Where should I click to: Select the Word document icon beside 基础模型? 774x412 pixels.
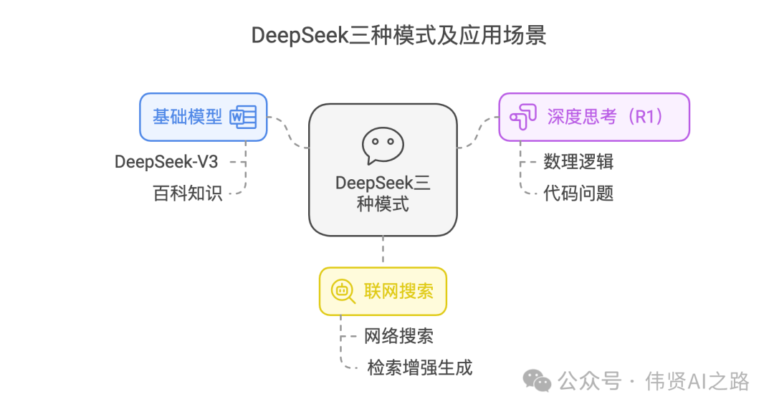pyautogui.click(x=242, y=117)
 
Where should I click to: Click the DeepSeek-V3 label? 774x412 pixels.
pyautogui.click(x=166, y=162)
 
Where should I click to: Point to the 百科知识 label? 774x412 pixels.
pyautogui.click(x=188, y=193)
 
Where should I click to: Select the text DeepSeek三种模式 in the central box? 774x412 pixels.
pyautogui.click(x=383, y=193)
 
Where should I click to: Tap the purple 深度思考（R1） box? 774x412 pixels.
pyautogui.click(x=593, y=117)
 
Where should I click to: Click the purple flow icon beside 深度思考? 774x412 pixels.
pyautogui.click(x=522, y=118)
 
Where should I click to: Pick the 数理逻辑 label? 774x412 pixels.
pyautogui.click(x=578, y=162)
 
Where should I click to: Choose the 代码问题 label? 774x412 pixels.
pyautogui.click(x=578, y=193)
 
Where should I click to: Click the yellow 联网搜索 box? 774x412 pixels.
pyautogui.click(x=383, y=291)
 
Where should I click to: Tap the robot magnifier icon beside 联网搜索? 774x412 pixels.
pyautogui.click(x=343, y=291)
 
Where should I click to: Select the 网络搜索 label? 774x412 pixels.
pyautogui.click(x=398, y=336)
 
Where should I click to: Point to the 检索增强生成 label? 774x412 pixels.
pyautogui.click(x=419, y=368)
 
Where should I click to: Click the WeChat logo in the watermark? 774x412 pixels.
pyautogui.click(x=537, y=380)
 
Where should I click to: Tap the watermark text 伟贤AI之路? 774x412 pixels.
pyautogui.click(x=697, y=380)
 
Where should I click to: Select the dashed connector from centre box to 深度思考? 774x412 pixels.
pyautogui.click(x=477, y=133)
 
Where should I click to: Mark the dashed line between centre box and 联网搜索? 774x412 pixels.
pyautogui.click(x=383, y=251)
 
